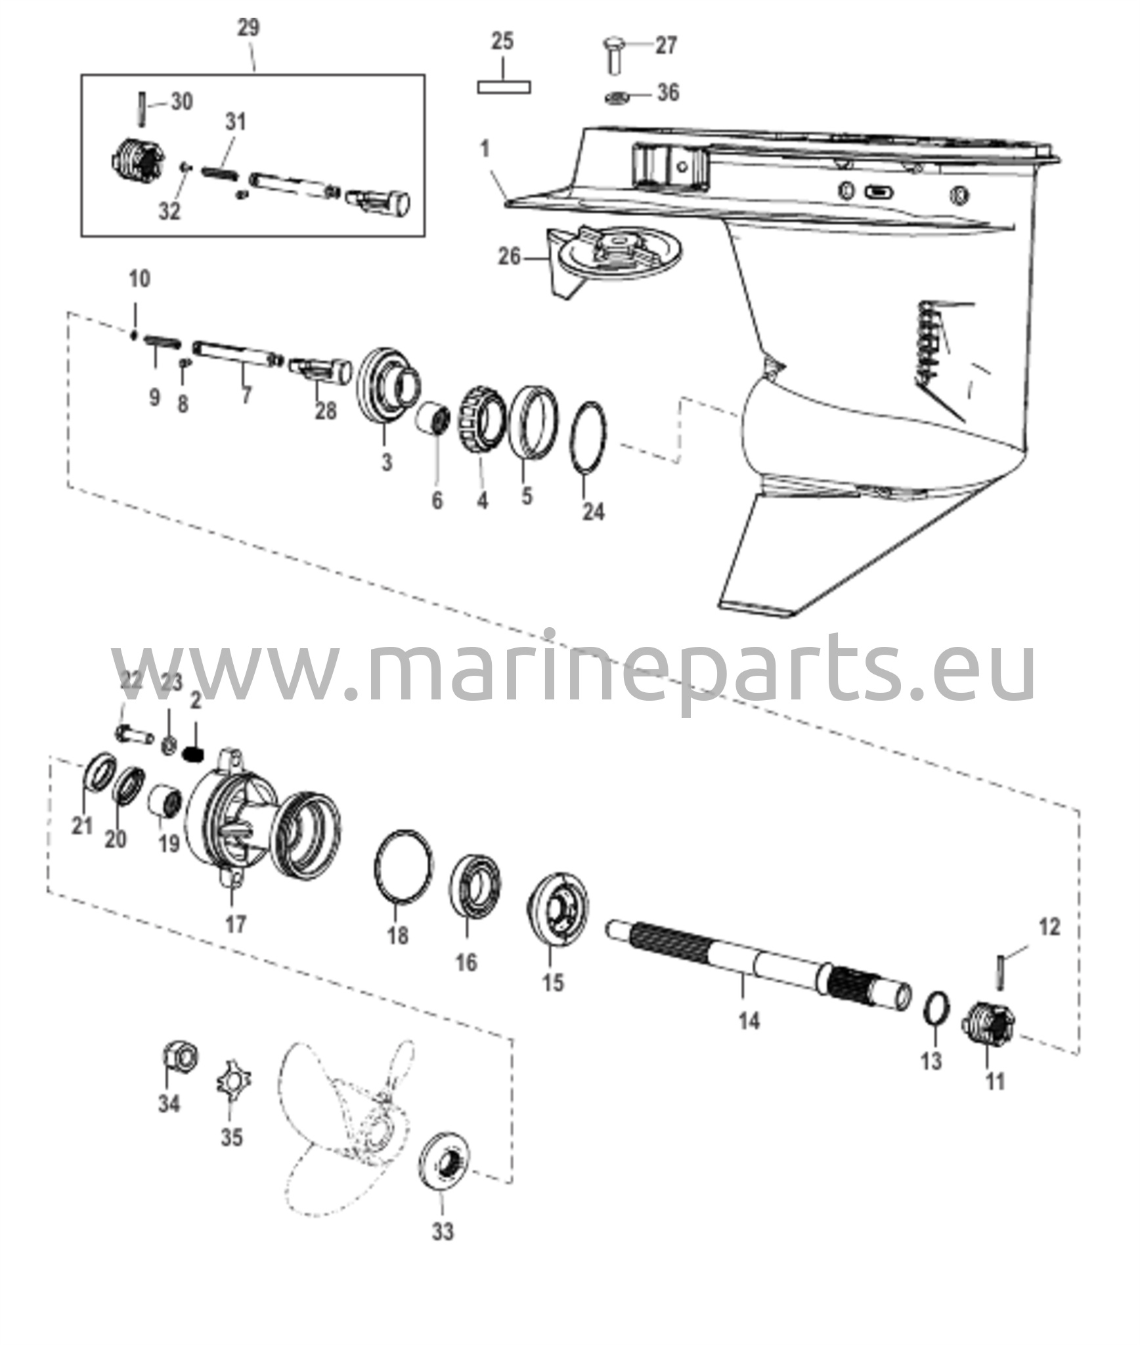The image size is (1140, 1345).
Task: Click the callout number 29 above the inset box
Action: [248, 28]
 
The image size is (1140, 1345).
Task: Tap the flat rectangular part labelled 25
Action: [504, 87]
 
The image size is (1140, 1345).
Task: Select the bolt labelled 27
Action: [615, 55]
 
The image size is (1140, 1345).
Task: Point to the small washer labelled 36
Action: [617, 97]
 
